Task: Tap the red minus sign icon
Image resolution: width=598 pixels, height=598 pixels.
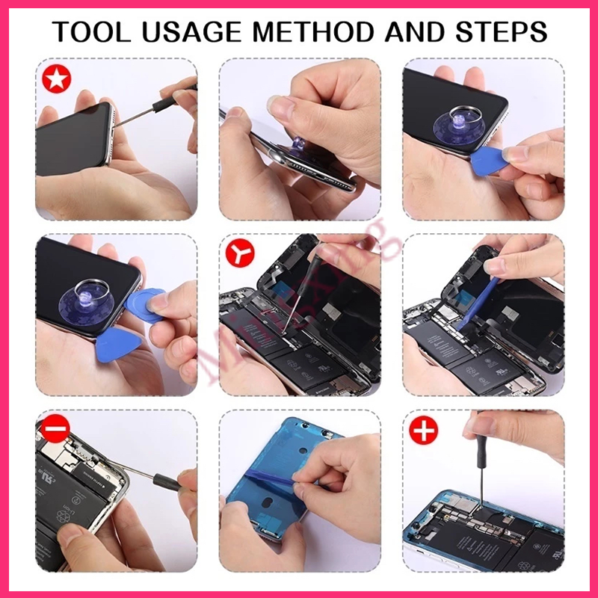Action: coord(56,430)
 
